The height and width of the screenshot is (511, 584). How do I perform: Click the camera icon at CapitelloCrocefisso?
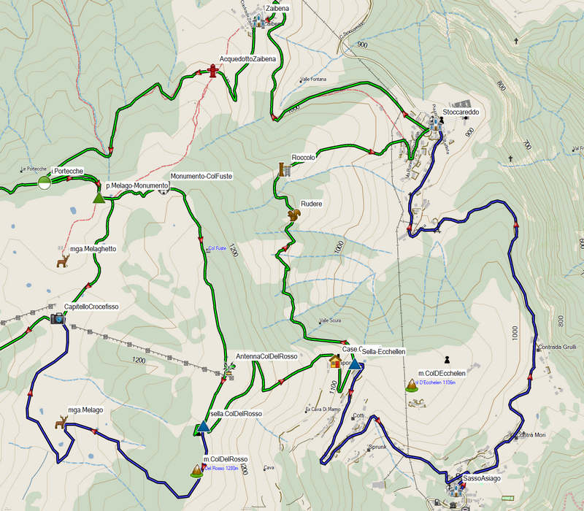[58, 318]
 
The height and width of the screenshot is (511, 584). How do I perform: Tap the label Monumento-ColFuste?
[201, 177]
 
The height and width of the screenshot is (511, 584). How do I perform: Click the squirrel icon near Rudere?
[293, 215]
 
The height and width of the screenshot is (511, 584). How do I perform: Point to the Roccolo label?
[303, 158]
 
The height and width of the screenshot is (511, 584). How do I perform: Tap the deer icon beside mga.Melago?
[62, 422]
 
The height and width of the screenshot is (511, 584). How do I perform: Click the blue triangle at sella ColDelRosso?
[202, 426]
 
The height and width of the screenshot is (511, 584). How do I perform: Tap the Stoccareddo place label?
[461, 112]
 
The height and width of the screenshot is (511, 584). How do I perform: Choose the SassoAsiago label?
[483, 479]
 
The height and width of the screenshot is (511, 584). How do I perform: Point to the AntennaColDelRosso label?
[266, 356]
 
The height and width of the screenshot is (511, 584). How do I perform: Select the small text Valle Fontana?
[312, 80]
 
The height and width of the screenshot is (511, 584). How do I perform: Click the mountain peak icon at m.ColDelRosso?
[196, 471]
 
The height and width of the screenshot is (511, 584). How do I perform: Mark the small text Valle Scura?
[330, 320]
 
